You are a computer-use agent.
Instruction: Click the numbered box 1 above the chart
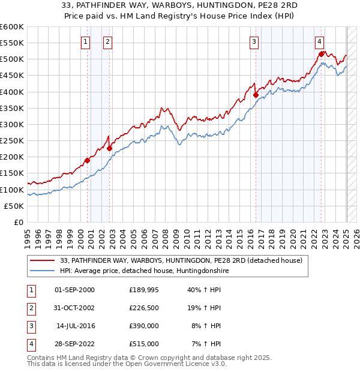(85, 41)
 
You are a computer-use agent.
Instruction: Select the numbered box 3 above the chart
(254, 41)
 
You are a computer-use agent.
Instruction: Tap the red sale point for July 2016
(256, 95)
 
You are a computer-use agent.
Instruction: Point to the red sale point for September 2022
(322, 54)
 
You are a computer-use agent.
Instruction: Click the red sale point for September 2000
(87, 160)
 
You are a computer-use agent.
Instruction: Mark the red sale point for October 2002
(110, 148)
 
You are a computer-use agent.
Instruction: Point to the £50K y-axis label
(14, 206)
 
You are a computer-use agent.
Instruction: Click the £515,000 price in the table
(144, 344)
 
